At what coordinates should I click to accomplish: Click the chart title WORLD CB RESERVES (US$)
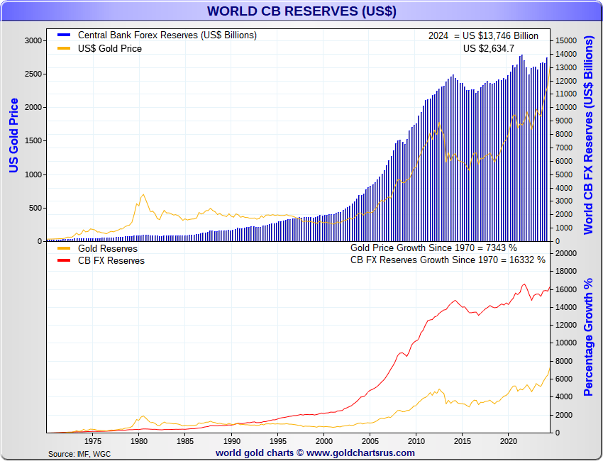[x=301, y=11]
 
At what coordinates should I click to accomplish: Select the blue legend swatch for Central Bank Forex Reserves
[x=63, y=35]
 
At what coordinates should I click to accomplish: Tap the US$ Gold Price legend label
[x=109, y=48]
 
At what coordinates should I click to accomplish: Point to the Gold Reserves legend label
[x=107, y=249]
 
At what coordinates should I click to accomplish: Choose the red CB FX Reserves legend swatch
[x=63, y=260]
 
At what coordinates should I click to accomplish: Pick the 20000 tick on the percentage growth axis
[x=565, y=253]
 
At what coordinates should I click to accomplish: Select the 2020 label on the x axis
[x=508, y=440]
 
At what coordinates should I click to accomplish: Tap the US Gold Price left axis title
[x=13, y=135]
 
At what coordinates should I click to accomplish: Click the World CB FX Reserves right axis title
[x=588, y=135]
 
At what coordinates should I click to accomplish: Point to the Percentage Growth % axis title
[x=588, y=337]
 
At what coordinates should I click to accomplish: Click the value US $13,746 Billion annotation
[x=501, y=35]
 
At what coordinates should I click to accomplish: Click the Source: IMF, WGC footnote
[x=79, y=453]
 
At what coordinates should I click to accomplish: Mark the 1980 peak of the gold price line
[x=143, y=194]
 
